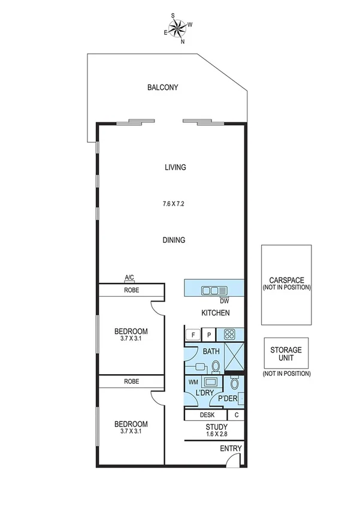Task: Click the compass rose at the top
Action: (177, 28)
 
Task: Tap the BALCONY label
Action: (163, 88)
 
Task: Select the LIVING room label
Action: (176, 167)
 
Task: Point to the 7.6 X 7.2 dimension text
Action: (173, 204)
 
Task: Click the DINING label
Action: (174, 240)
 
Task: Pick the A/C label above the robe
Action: (129, 278)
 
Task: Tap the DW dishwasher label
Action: (225, 301)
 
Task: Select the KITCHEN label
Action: (215, 313)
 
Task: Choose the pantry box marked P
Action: (208, 335)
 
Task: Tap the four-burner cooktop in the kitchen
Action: (229, 335)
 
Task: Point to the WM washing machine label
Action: (193, 381)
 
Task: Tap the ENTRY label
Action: (230, 448)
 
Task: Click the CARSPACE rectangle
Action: (286, 284)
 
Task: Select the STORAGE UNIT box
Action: (286, 354)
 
